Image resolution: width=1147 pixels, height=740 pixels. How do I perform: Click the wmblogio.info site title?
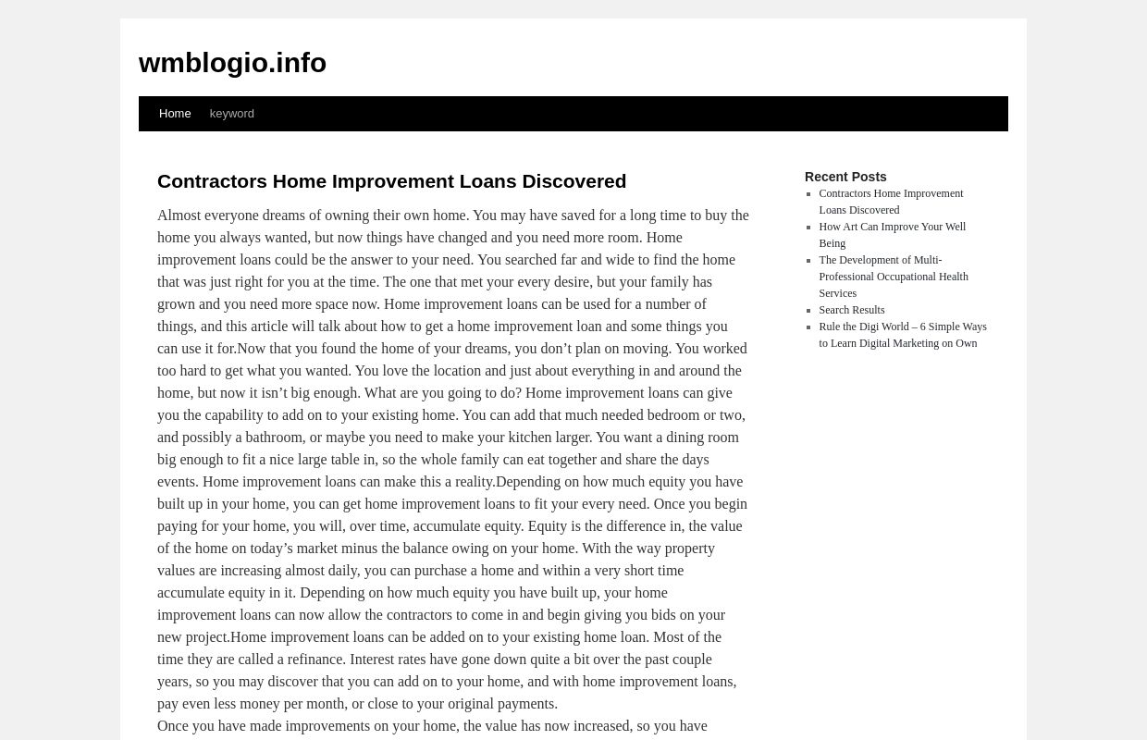[x=232, y=63]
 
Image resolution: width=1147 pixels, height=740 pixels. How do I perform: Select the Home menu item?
[x=175, y=114]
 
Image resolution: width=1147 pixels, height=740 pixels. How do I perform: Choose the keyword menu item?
[x=231, y=114]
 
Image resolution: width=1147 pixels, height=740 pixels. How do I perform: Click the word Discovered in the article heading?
[x=573, y=181]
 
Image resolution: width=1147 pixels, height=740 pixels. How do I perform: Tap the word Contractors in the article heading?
[x=212, y=181]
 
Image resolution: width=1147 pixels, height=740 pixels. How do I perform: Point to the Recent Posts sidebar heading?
[x=845, y=177]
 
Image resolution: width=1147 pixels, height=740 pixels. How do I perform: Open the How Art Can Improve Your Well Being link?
[x=892, y=235]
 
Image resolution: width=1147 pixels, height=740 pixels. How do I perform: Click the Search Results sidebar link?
[x=851, y=310]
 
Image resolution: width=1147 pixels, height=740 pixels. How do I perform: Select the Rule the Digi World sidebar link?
[x=902, y=335]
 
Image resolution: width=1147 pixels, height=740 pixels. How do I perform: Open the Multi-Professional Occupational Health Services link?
[x=893, y=277]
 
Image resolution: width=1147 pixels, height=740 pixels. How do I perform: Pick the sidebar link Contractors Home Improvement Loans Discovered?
[x=891, y=202]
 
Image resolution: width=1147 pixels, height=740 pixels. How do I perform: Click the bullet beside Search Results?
[x=809, y=311]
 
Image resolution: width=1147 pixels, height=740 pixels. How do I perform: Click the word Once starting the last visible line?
[x=173, y=726]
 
